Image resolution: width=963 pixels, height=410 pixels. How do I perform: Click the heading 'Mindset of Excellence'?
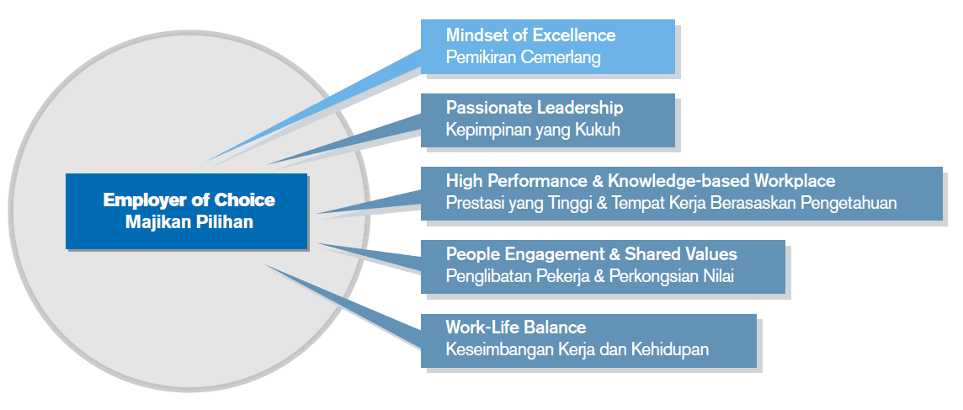(530, 35)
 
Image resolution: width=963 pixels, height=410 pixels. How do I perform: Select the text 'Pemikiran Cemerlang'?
(523, 57)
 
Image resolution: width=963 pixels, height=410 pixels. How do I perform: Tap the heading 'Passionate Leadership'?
(535, 108)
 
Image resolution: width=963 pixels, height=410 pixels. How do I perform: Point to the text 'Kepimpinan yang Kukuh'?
(533, 130)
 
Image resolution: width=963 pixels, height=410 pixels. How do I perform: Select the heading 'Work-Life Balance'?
(516, 327)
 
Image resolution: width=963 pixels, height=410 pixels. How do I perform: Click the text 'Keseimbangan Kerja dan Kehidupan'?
(577, 349)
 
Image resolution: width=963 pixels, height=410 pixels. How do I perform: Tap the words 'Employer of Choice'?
(189, 200)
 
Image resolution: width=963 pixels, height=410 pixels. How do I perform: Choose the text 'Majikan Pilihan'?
(189, 221)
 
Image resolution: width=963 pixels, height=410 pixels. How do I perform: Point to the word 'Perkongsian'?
(654, 276)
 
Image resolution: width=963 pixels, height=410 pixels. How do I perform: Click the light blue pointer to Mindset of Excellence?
(314, 105)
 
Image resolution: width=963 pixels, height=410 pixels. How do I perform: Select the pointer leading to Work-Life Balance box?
(343, 306)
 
